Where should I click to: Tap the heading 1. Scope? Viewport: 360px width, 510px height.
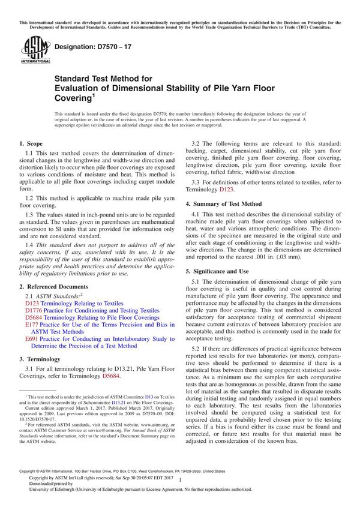point(31,143)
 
